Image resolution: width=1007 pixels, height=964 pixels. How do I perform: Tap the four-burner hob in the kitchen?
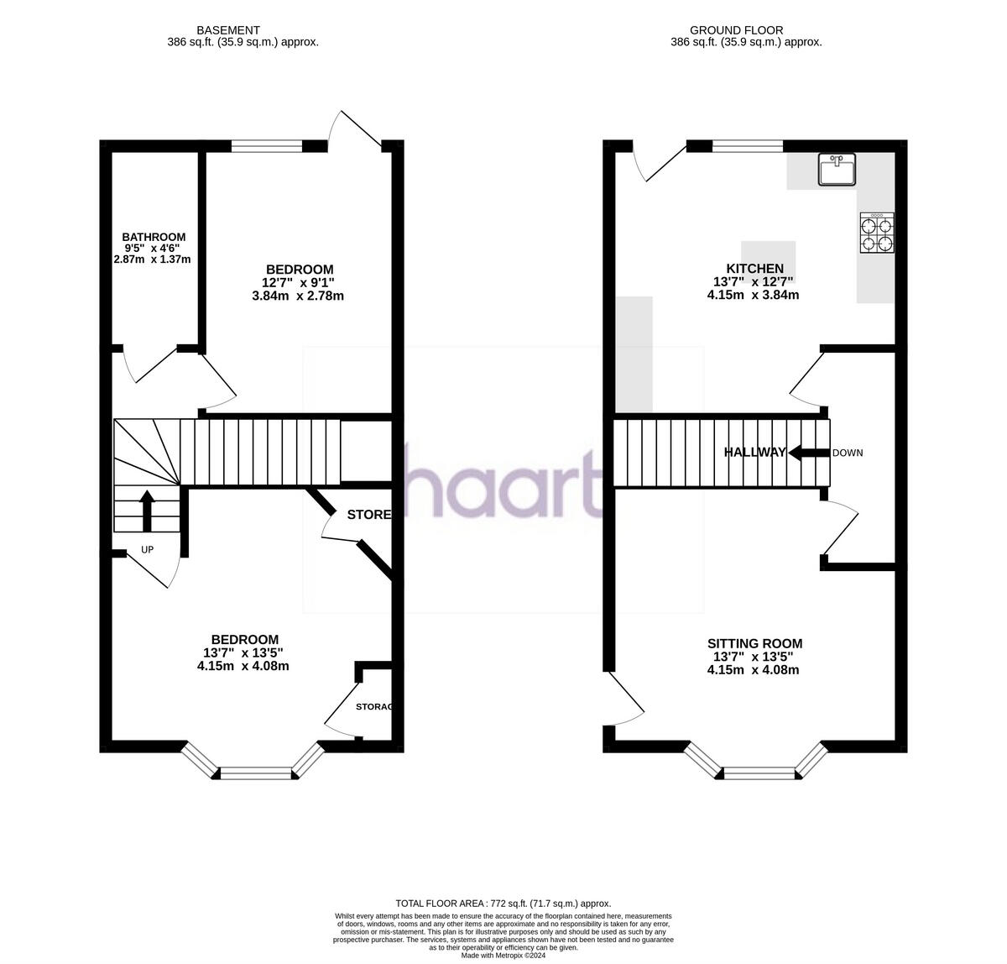[876, 233]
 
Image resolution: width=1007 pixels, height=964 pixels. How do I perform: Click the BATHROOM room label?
[154, 238]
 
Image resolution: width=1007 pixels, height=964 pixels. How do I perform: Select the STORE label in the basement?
[369, 515]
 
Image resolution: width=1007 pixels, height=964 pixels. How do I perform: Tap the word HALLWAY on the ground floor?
[755, 453]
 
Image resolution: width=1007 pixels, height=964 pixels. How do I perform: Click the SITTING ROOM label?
[753, 644]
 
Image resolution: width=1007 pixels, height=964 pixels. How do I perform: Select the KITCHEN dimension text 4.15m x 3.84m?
[753, 295]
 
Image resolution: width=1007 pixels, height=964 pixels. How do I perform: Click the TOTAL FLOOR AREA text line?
[503, 903]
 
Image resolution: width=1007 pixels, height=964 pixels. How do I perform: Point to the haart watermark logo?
[502, 483]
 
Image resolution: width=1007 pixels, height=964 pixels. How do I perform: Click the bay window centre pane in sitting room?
[759, 773]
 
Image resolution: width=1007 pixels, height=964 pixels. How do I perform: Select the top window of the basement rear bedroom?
[266, 146]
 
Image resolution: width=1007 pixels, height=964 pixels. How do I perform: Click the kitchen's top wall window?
[747, 146]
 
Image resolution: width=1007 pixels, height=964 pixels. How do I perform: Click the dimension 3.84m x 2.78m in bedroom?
[298, 296]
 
